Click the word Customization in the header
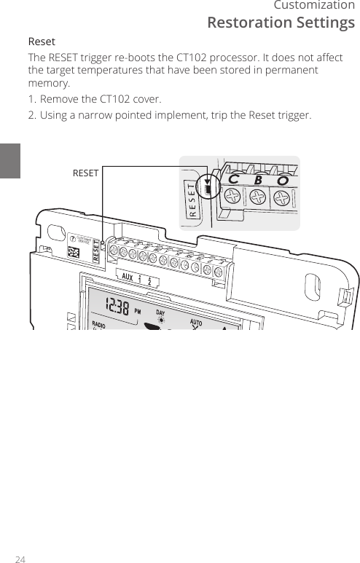pos(314,7)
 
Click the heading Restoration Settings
pos(281,23)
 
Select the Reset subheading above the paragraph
pos(42,42)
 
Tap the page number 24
pos(20,559)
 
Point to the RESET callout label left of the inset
pos(85,173)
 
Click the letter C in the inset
pos(233,178)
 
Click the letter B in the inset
pos(258,179)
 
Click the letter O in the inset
pos(281,180)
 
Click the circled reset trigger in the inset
pos(208,188)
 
